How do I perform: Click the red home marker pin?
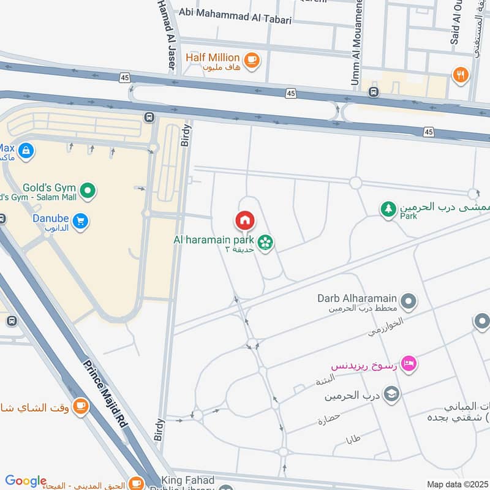[244, 221]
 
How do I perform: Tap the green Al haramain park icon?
[265, 243]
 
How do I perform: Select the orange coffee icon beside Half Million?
[251, 59]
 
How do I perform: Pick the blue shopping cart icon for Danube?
[80, 221]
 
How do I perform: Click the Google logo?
[26, 481]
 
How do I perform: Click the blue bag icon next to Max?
[26, 149]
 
